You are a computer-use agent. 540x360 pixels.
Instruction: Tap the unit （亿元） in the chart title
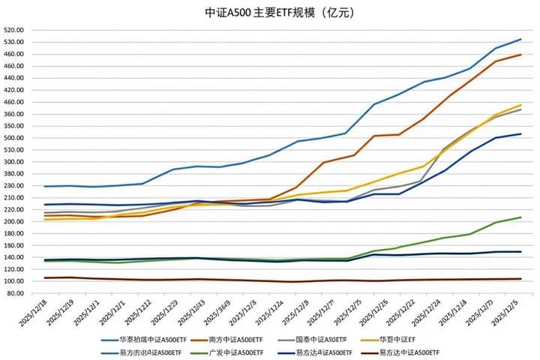pyautogui.click(x=330, y=13)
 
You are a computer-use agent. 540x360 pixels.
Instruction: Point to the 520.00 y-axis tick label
pyautogui.click(x=14, y=30)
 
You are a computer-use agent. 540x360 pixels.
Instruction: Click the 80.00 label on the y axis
pyautogui.click(x=16, y=293)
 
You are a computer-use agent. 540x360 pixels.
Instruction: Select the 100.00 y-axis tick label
pyautogui.click(x=14, y=281)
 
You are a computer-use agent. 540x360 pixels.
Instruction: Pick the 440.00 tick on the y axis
pyautogui.click(x=14, y=78)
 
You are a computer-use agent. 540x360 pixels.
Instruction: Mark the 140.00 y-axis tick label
pyautogui.click(x=14, y=257)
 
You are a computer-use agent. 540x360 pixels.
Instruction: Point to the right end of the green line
pyautogui.click(x=521, y=217)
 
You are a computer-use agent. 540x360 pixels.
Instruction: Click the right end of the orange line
pyautogui.click(x=521, y=55)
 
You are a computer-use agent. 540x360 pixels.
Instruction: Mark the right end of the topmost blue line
pyautogui.click(x=521, y=39)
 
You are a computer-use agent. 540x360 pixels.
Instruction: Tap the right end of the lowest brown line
pyautogui.click(x=521, y=279)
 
